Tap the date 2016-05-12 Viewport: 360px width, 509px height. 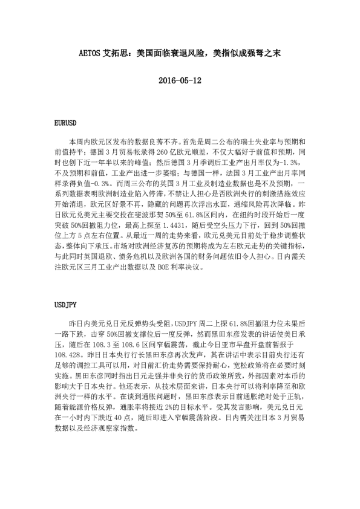point(180,80)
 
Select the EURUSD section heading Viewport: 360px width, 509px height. point(65,123)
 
